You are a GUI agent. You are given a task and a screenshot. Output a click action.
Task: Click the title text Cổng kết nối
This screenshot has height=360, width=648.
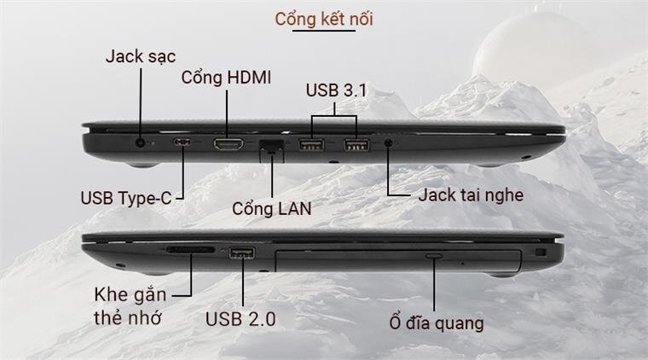(x=324, y=19)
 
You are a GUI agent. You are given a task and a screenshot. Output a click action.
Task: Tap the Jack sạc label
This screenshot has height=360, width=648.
(x=141, y=56)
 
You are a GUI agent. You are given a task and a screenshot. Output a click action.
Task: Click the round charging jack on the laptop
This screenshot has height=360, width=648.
(x=141, y=143)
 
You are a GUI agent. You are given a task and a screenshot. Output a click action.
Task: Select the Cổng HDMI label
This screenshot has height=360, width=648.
(x=227, y=78)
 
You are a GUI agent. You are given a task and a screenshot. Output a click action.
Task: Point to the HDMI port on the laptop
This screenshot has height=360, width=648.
(x=227, y=144)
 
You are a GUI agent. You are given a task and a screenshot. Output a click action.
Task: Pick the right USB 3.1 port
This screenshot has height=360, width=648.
(x=356, y=145)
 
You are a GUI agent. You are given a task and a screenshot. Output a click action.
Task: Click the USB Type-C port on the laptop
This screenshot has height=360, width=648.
(x=183, y=143)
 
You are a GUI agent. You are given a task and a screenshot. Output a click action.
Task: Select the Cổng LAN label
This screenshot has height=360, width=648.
(x=272, y=207)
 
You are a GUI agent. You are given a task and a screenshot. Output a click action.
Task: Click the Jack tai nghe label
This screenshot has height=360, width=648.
(x=471, y=195)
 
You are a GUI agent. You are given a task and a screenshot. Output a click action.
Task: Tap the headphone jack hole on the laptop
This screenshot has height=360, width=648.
(x=389, y=144)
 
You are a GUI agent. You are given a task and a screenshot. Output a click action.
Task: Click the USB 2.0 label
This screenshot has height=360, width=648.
(x=240, y=320)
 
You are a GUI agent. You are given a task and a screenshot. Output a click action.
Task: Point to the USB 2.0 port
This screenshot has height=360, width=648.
(x=242, y=253)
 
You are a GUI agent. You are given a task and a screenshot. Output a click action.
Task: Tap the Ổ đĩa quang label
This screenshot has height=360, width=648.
(x=432, y=323)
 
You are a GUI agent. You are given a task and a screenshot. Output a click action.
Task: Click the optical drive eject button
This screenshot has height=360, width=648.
(x=433, y=256)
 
